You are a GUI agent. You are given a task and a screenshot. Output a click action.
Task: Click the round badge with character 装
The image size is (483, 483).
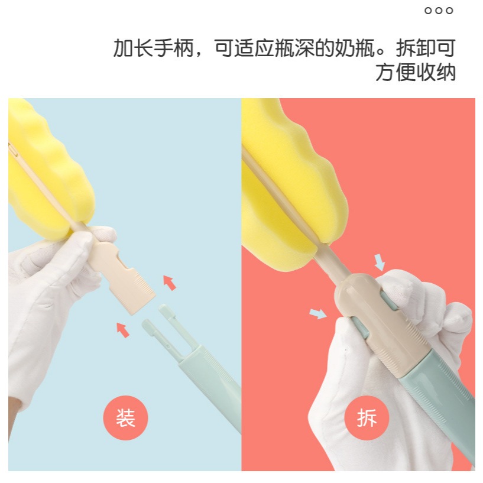click(125, 418)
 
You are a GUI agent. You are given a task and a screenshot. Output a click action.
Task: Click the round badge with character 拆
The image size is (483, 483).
click(367, 418)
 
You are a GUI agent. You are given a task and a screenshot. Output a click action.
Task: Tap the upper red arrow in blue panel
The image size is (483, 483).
click(170, 283)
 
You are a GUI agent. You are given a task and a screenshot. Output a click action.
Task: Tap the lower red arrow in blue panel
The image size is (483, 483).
click(123, 330)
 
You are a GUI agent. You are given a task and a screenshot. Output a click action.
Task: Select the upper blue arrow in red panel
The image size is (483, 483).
click(380, 262)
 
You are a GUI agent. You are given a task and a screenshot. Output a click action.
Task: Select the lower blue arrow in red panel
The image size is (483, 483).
click(318, 313)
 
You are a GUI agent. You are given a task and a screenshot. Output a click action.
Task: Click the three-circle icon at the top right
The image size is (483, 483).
click(439, 11)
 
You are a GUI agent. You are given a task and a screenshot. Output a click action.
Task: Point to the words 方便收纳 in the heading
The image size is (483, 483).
click(416, 73)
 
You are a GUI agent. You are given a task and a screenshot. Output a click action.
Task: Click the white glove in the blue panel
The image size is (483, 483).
click(53, 305)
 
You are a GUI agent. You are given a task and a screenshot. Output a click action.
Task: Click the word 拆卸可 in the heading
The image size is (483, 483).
click(426, 48)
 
